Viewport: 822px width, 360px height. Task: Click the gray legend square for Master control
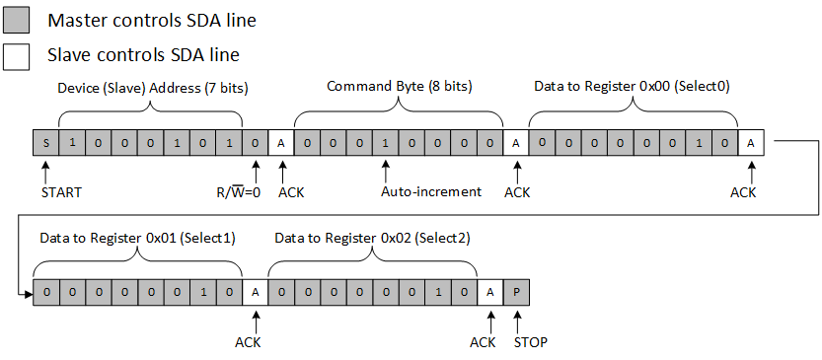coord(17,20)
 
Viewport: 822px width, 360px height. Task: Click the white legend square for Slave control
coord(17,55)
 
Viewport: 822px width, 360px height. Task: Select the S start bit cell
coord(45,143)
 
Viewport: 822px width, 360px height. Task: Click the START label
coord(61,191)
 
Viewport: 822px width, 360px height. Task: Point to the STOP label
coord(529,342)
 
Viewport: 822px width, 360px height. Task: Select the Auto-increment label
coord(431,191)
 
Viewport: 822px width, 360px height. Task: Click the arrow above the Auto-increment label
coord(385,169)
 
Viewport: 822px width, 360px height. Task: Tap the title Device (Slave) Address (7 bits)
coord(152,88)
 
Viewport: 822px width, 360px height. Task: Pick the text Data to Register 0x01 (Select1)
coord(137,238)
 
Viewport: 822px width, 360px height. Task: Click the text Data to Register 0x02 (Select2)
coord(372,238)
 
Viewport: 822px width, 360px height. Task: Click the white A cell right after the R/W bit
coord(280,143)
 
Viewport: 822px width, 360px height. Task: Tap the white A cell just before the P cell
coord(490,292)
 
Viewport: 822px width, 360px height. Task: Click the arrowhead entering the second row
coord(27,292)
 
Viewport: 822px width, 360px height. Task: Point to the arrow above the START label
coord(45,169)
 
